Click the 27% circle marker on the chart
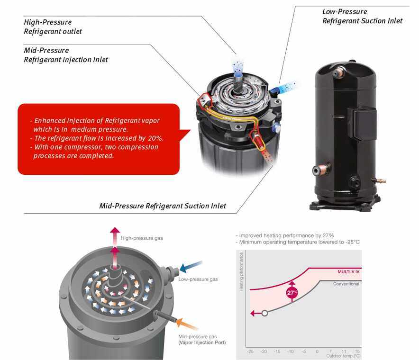(292, 293)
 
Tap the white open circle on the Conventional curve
(264, 313)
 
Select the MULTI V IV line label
(348, 271)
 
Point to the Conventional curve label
(346, 284)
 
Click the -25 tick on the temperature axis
(250, 351)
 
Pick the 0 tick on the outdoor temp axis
(317, 351)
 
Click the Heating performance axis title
(241, 272)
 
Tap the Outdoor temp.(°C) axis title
(343, 356)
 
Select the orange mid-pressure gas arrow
(187, 324)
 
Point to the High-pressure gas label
(142, 238)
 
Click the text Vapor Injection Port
(202, 342)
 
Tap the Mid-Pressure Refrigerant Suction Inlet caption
(163, 206)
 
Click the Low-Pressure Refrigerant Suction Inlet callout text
(362, 16)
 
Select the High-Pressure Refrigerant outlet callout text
(53, 27)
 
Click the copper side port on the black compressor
(321, 169)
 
